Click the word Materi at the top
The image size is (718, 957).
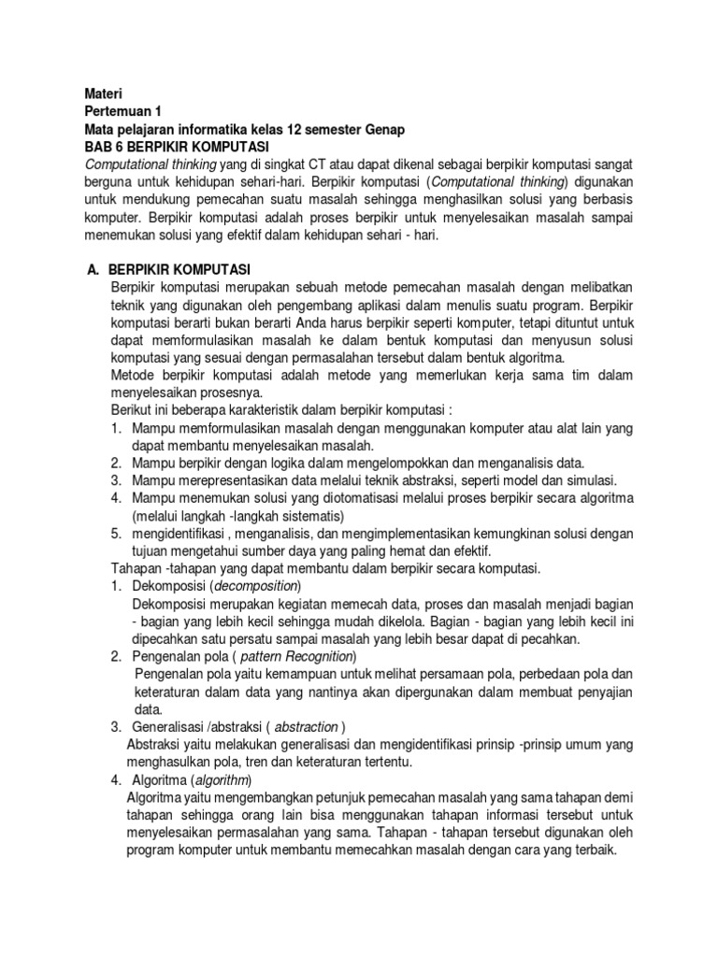(x=103, y=93)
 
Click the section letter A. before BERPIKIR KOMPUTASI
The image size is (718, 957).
(x=93, y=269)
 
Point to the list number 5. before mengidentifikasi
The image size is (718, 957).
(x=116, y=534)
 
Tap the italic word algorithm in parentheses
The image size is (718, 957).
(x=222, y=780)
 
